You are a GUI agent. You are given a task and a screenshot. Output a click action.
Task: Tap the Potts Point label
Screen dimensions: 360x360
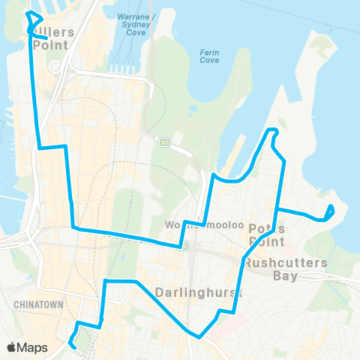click(266, 235)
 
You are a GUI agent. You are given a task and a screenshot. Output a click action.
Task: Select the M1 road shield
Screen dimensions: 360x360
click(164, 141)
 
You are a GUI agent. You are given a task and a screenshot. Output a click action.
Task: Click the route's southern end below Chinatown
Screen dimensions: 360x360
click(73, 345)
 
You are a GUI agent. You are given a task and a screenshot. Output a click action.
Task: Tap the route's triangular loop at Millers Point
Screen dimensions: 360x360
click(31, 21)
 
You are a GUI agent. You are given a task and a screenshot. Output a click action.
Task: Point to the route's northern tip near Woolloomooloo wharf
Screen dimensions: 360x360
click(273, 133)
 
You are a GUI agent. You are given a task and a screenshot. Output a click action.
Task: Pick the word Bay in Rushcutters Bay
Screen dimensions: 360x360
click(287, 276)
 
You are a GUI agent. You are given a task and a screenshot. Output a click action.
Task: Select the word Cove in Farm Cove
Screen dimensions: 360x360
click(210, 61)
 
